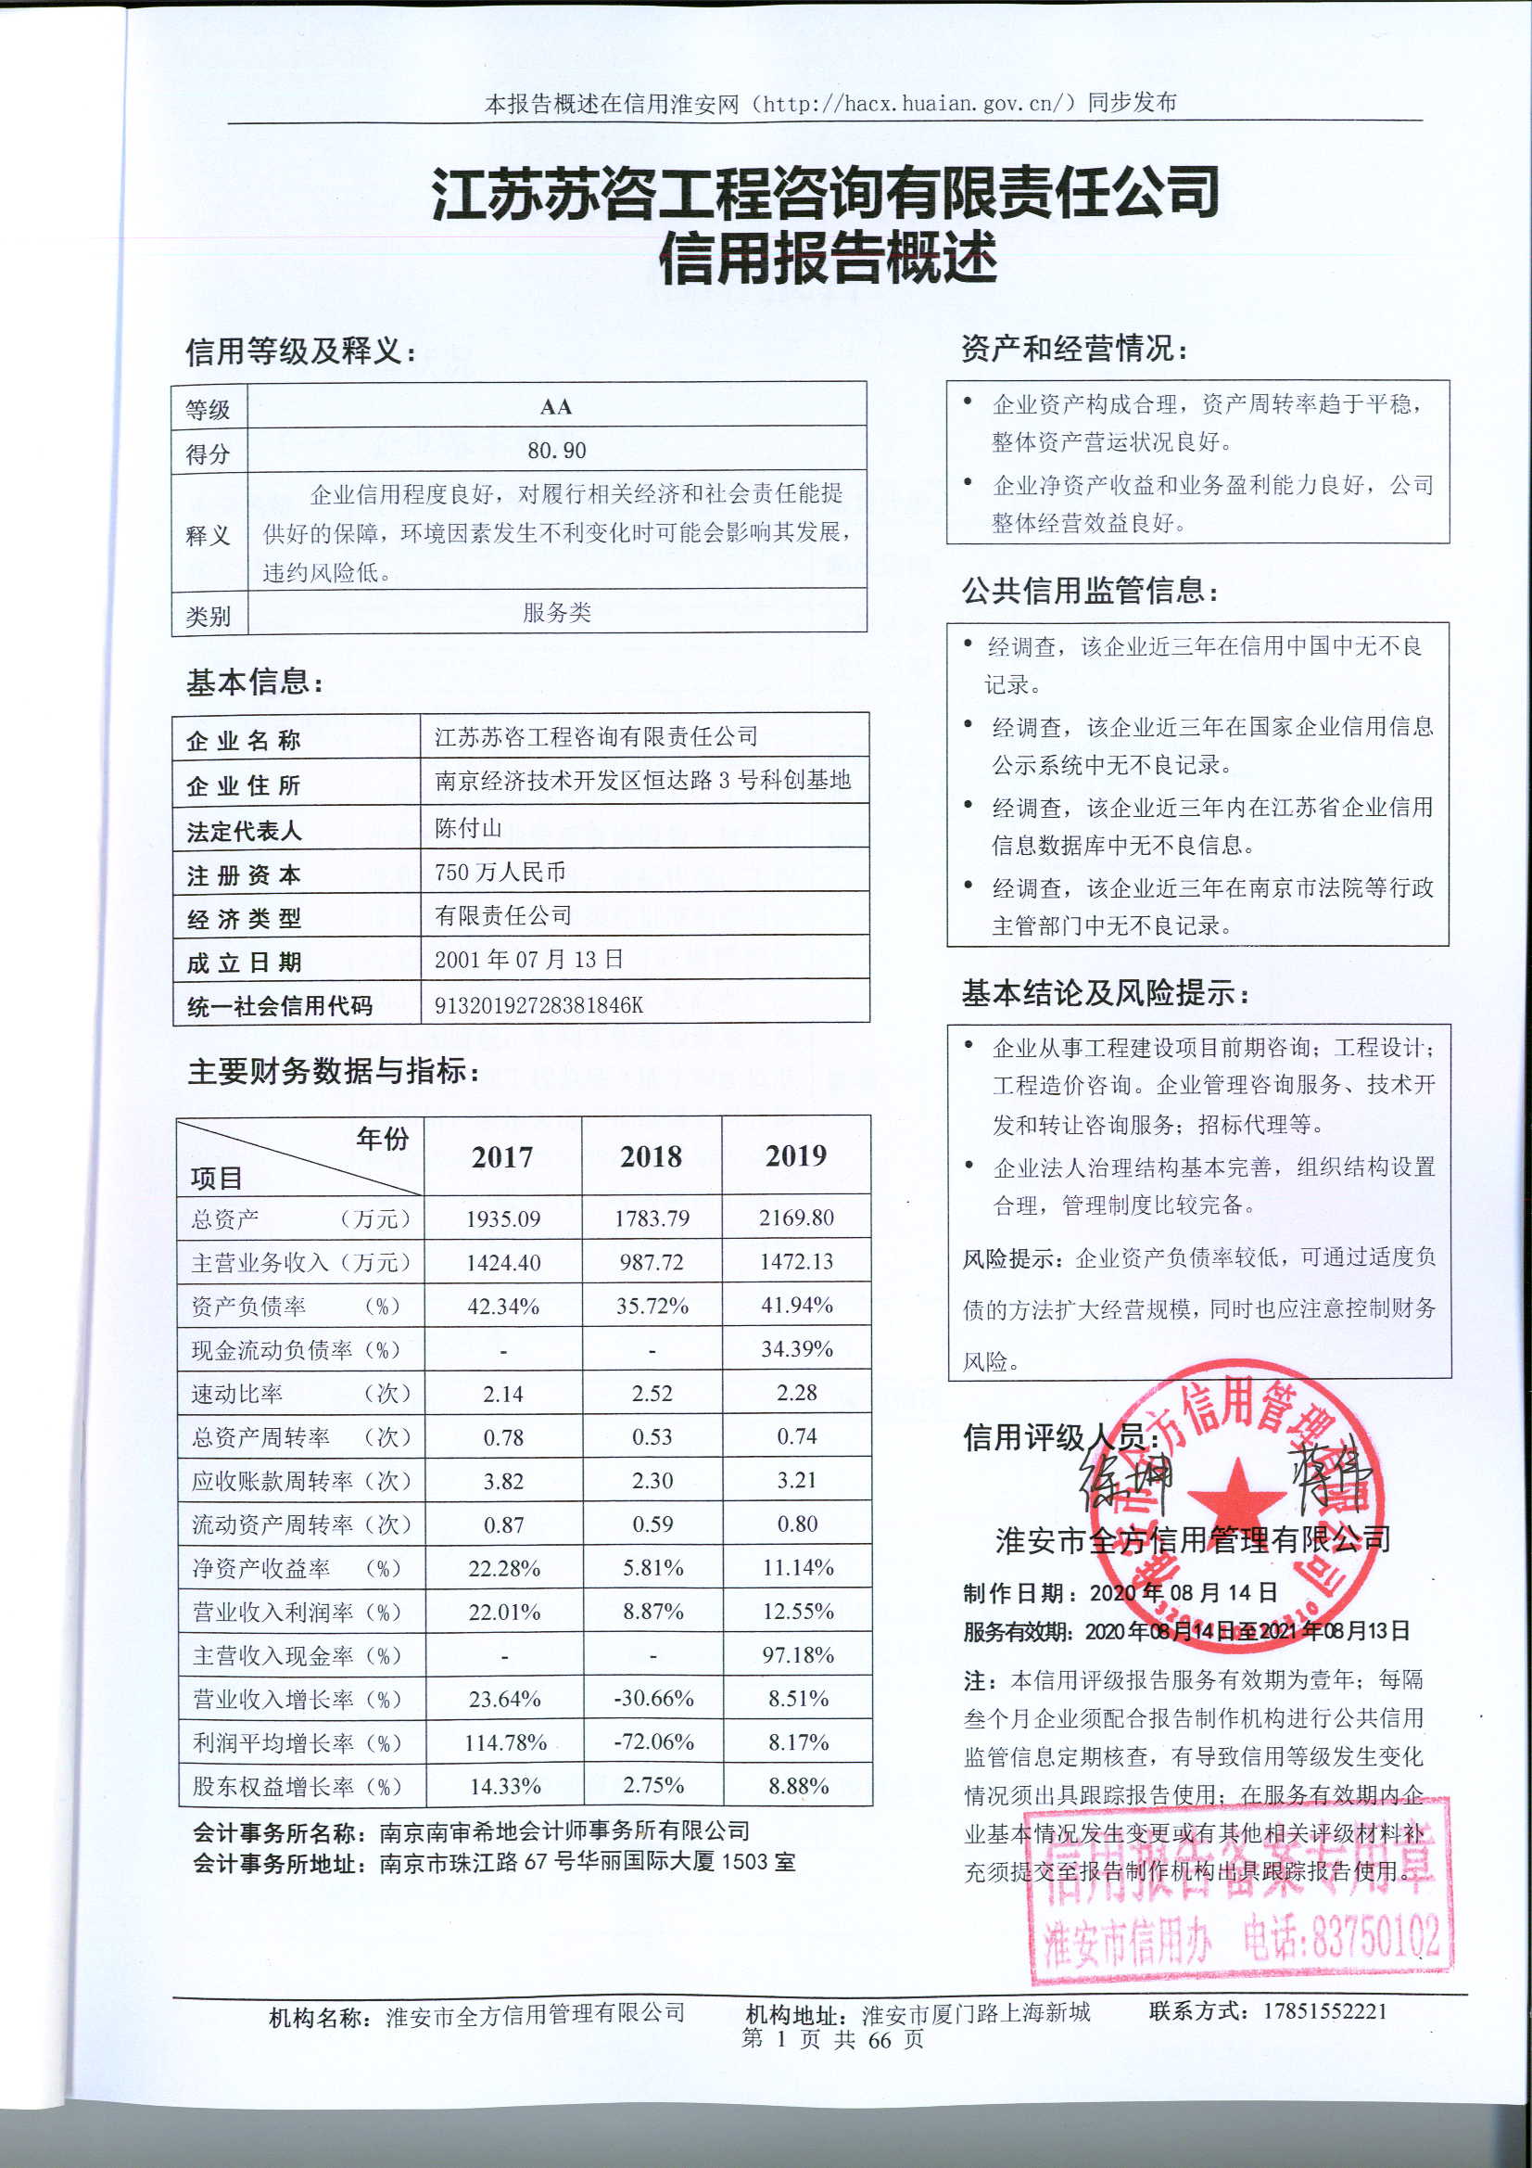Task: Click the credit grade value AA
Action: coord(556,407)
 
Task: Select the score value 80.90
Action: coord(556,451)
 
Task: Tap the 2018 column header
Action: coord(651,1156)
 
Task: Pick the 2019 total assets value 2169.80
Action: coord(796,1218)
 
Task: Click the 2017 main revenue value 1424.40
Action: coord(503,1262)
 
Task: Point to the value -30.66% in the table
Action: coord(653,1699)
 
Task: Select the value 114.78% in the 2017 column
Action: coord(505,1742)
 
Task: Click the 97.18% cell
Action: coord(798,1654)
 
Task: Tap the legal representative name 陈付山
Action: coord(467,828)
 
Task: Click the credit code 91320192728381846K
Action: coord(538,1004)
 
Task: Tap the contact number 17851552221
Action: coord(1325,2010)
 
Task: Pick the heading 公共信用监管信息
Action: coord(1089,591)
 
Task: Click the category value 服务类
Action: coord(556,613)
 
